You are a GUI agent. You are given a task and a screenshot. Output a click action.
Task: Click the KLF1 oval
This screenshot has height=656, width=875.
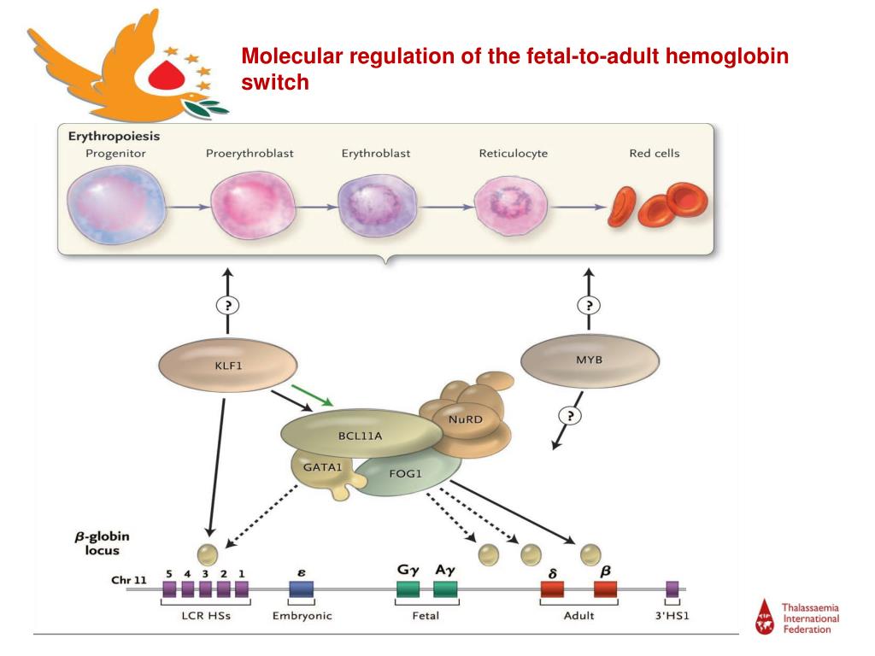[x=227, y=366]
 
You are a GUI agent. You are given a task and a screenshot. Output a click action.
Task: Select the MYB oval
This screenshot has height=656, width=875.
[x=590, y=360]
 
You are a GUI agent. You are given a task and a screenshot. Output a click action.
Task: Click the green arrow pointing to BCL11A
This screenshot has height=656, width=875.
[x=313, y=395]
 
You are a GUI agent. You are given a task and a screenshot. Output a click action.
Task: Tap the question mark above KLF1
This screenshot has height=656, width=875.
[x=227, y=305]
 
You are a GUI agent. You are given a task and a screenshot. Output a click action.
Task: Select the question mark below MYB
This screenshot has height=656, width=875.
[x=568, y=415]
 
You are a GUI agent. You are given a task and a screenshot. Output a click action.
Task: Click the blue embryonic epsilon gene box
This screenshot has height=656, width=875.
[x=301, y=589]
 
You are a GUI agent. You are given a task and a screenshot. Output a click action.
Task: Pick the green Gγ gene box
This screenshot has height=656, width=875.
[x=408, y=589]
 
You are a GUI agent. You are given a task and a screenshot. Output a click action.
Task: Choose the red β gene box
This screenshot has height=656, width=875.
[x=606, y=589]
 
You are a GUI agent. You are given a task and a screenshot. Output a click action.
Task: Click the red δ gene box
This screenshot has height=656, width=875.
[x=552, y=589]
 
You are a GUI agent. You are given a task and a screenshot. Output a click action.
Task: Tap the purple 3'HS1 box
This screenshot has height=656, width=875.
[x=672, y=589]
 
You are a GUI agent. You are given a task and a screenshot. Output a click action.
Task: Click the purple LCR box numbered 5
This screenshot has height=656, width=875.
[x=169, y=589]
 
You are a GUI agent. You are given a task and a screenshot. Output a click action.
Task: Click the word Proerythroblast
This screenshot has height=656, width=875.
[x=250, y=154]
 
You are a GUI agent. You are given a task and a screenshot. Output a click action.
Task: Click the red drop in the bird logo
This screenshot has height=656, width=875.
[x=167, y=76]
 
